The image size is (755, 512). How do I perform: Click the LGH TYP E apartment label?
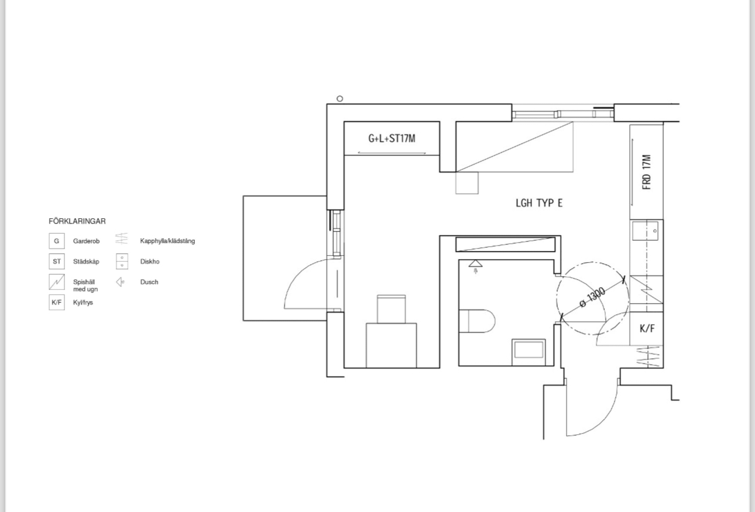coord(539,203)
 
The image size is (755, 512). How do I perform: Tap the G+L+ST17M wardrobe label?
coord(392,139)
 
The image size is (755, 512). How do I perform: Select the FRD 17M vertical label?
coord(647,172)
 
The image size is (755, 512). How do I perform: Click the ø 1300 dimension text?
coord(592,297)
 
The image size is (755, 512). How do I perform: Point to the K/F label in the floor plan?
coord(647,328)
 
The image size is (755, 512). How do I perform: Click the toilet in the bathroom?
coord(477,321)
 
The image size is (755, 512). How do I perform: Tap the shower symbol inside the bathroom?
coord(476,266)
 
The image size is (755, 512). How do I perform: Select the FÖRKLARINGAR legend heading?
coord(77,221)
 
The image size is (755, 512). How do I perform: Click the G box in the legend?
coord(57,241)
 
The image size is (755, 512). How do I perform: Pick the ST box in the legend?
coord(57,262)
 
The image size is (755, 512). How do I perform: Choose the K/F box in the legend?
coord(57,303)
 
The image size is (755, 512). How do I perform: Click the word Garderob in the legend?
coord(86,241)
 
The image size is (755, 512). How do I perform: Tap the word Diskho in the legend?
coord(150,262)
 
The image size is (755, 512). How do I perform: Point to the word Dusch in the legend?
coord(149,282)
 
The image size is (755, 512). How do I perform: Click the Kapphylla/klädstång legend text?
coord(167,241)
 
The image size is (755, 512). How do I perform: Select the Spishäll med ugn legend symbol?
coord(57,282)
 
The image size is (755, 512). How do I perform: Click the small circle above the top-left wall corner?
coord(339,99)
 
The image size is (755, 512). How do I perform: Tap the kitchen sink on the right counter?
coord(645,231)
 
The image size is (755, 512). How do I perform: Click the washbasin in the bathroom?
coord(528,352)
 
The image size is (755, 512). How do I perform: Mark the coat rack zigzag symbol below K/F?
coord(648,356)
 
